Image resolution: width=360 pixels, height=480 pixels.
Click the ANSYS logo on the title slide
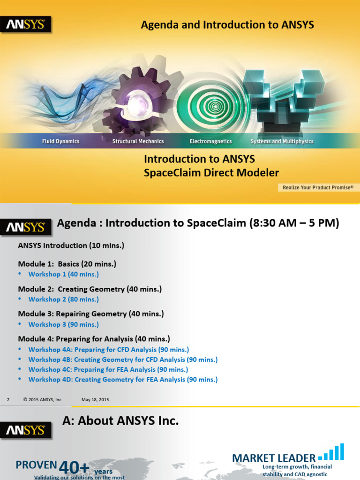click(x=25, y=25)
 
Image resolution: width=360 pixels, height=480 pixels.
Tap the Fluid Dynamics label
click(x=61, y=141)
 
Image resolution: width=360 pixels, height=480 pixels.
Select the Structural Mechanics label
click(x=138, y=141)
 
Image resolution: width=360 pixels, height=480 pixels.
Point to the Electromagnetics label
click(x=210, y=141)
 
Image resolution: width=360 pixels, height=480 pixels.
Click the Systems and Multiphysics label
click(x=282, y=141)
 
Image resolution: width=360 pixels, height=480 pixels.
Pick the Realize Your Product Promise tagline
click(x=318, y=187)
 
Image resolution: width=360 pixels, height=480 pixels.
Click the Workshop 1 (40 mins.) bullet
click(x=63, y=274)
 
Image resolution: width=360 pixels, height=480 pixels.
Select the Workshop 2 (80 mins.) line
click(x=63, y=299)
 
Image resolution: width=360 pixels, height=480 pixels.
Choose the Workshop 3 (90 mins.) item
click(x=63, y=324)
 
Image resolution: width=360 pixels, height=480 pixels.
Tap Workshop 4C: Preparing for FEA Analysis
click(x=108, y=369)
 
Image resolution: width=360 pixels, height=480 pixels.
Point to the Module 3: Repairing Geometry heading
click(x=91, y=314)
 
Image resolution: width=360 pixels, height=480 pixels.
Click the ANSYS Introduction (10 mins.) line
click(x=71, y=245)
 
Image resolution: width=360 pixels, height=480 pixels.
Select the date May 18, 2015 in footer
click(x=95, y=400)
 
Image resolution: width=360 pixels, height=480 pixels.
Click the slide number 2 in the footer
click(x=8, y=400)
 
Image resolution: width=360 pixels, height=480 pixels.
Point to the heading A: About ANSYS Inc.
click(x=120, y=421)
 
